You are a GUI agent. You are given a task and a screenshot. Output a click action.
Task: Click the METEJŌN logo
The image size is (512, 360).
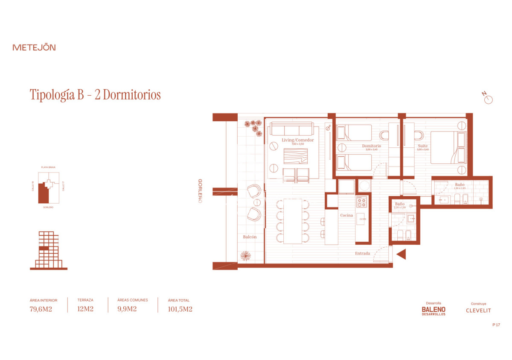click(x=34, y=47)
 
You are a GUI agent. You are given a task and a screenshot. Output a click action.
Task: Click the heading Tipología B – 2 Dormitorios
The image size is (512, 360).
click(x=95, y=95)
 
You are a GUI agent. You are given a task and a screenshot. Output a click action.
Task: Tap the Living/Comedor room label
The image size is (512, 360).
click(x=298, y=140)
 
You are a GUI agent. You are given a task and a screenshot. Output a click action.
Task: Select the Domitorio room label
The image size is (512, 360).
click(x=371, y=146)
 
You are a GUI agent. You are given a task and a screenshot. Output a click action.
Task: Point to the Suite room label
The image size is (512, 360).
click(x=422, y=146)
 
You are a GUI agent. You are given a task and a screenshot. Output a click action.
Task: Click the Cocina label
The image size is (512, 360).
click(x=346, y=215)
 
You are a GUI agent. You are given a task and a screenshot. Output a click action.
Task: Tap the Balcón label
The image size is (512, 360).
click(x=250, y=237)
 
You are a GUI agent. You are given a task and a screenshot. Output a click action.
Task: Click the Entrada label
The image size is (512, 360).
click(x=363, y=254)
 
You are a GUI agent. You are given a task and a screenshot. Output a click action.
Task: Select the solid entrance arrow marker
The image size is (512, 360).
click(x=401, y=255)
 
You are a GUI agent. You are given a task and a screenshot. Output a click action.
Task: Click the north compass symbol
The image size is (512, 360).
click(x=488, y=99)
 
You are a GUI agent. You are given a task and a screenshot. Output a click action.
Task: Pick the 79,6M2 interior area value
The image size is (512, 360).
click(x=41, y=309)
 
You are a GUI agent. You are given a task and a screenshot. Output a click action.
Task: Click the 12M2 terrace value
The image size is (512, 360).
click(x=85, y=309)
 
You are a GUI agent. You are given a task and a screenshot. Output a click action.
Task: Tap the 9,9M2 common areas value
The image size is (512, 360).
click(x=127, y=309)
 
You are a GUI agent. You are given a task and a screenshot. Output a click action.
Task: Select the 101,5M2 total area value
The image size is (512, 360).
click(x=180, y=309)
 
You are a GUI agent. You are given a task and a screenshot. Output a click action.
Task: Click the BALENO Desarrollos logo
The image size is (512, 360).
click(x=433, y=310)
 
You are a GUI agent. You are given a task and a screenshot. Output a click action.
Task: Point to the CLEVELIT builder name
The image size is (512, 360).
click(x=478, y=310)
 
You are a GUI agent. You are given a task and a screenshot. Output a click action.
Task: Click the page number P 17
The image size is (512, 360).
click(x=496, y=325)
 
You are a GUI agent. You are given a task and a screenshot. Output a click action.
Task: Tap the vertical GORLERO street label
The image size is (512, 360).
click(x=200, y=191)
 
